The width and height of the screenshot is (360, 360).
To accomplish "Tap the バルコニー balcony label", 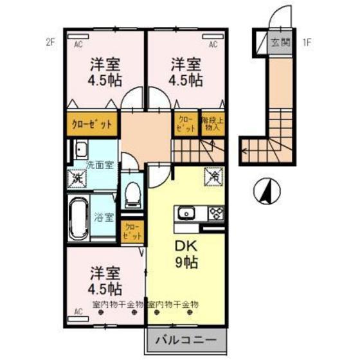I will (188, 339).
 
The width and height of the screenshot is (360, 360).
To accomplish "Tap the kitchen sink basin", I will (184, 213).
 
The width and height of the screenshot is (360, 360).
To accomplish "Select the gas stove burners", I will (215, 213).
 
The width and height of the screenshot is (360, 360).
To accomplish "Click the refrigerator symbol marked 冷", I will (213, 175).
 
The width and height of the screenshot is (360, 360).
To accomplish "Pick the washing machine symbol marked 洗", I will (78, 178).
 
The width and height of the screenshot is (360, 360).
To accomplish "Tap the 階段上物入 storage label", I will (210, 123).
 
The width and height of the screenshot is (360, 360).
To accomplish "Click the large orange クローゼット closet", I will (91, 124).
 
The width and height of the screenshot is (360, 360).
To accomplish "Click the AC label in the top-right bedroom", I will (214, 45).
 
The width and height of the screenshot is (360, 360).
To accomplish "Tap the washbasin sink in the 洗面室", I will (82, 150).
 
